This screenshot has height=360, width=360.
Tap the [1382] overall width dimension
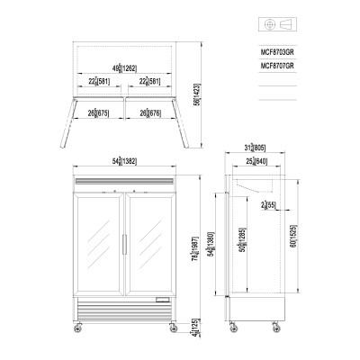(x=121, y=161)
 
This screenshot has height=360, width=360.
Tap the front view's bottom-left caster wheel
(x=76, y=328)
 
